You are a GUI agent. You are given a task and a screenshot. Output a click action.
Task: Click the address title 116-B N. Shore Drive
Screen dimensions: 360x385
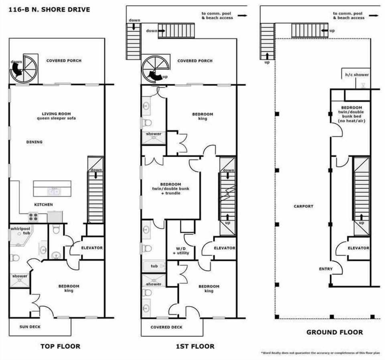coord(48,9)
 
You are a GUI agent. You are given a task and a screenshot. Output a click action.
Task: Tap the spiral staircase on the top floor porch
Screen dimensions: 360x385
coord(24,69)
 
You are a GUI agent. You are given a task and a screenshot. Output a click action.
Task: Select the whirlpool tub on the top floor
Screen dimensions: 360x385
coord(20,237)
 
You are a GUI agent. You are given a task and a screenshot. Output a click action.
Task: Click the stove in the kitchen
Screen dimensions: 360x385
coord(33,217)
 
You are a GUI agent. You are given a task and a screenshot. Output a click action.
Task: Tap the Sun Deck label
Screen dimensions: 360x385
coord(30,327)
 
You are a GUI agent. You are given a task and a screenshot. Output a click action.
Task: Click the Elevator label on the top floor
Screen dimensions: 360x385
coord(92,248)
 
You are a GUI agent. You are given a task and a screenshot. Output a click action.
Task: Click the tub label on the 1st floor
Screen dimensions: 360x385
coord(154,266)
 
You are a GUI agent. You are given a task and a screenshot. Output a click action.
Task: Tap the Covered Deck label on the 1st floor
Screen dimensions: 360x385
coord(166,327)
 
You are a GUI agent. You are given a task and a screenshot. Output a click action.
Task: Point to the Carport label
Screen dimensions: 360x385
coord(304,206)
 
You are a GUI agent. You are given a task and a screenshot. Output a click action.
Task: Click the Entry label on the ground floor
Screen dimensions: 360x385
coord(326,269)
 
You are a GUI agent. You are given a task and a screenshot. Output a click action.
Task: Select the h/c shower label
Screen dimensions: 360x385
coord(357,75)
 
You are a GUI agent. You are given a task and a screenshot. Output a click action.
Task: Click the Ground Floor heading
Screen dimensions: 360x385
coord(334,332)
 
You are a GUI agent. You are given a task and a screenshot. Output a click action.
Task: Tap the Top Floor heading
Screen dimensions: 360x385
coord(60,346)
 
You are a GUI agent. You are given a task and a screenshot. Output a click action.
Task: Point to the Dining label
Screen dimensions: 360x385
coord(34,142)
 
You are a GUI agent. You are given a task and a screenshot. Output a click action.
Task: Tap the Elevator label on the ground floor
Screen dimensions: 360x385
coord(358,248)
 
